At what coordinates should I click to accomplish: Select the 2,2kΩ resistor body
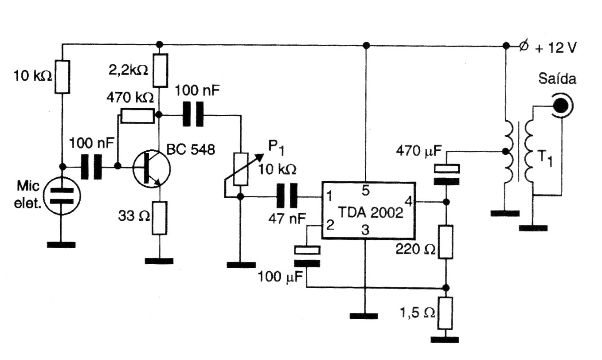(x=160, y=71)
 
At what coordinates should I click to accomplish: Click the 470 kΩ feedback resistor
(x=137, y=116)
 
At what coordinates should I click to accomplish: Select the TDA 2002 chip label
(x=368, y=214)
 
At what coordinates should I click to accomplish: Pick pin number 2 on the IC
(x=330, y=224)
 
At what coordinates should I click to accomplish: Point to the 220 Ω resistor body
(x=446, y=242)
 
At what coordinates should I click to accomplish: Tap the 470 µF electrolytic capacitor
(x=446, y=174)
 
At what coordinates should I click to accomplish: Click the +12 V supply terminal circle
(x=524, y=46)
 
